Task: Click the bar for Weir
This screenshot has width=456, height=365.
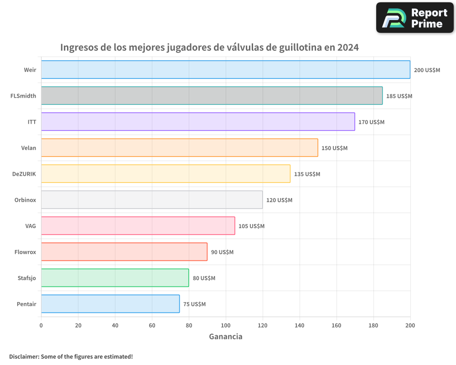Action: (226, 70)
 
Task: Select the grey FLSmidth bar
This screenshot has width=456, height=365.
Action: (212, 96)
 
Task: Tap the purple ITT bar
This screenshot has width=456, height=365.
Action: (198, 122)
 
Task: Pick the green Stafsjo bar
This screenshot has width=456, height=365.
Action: (115, 278)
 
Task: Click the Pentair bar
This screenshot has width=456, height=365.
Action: (110, 304)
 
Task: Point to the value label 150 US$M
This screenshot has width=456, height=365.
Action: (334, 148)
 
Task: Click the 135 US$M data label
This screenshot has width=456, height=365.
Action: (307, 174)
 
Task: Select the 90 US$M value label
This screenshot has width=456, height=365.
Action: (222, 252)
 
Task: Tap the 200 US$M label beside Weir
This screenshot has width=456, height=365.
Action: (427, 70)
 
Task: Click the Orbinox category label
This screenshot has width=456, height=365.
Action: (26, 200)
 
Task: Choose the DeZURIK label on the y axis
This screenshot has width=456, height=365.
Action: (24, 174)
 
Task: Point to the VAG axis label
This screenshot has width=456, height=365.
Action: (31, 226)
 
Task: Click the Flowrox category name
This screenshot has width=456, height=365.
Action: (25, 252)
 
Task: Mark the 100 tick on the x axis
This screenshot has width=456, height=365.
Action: (226, 325)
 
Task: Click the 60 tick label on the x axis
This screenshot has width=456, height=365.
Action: (152, 325)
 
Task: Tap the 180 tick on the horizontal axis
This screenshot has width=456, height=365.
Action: (373, 325)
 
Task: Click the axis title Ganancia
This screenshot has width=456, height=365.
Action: (226, 337)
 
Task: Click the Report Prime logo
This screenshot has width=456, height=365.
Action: (415, 18)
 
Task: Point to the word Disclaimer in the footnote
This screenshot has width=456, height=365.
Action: (24, 356)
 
